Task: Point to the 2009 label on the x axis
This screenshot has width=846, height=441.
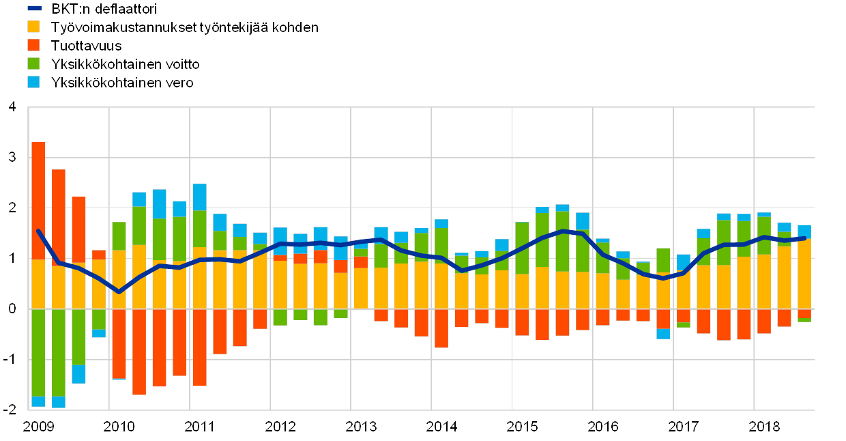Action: [x=38, y=427]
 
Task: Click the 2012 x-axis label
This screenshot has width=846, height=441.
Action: [x=280, y=427]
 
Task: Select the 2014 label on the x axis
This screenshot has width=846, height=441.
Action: [x=441, y=427]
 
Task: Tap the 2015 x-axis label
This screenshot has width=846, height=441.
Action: [x=521, y=427]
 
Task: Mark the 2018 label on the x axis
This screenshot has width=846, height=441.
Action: [x=763, y=427]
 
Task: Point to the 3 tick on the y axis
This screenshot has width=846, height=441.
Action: [x=11, y=158]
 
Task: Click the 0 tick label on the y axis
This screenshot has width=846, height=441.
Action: [x=11, y=309]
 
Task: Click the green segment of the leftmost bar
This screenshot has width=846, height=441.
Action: [x=38, y=352]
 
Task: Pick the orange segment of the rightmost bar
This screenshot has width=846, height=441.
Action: [x=804, y=274]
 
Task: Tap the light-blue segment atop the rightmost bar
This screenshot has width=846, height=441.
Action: [x=804, y=231]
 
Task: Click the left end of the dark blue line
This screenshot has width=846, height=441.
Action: [x=38, y=231]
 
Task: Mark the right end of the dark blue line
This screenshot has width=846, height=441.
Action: [x=805, y=238]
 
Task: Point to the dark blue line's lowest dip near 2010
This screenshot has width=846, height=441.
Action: [x=119, y=292]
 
